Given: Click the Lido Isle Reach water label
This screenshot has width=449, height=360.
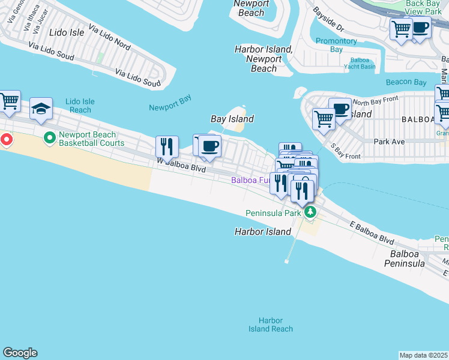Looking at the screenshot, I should tap(80, 106).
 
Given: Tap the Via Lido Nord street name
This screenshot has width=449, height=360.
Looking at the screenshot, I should tap(109, 37).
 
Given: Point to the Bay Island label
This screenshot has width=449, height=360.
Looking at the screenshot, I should tap(232, 119).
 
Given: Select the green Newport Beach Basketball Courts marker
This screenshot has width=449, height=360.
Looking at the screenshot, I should tap(50, 139).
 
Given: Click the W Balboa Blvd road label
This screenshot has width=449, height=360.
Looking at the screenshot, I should tap(181, 166).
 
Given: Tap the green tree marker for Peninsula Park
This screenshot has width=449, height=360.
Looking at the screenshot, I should tap(310, 212).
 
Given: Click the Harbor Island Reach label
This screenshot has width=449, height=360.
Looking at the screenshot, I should tap(271, 325).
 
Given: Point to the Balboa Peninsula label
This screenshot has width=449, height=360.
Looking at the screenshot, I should tap(406, 259).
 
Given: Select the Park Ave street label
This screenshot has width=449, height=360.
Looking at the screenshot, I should tap(390, 142).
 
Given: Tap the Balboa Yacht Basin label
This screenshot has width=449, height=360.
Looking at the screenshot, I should tap(363, 63).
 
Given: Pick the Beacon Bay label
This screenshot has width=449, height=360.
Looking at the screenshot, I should tap(406, 82).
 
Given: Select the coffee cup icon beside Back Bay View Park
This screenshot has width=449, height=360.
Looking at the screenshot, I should tap(420, 28).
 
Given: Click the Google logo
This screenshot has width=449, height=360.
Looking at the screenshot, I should tap(20, 353).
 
